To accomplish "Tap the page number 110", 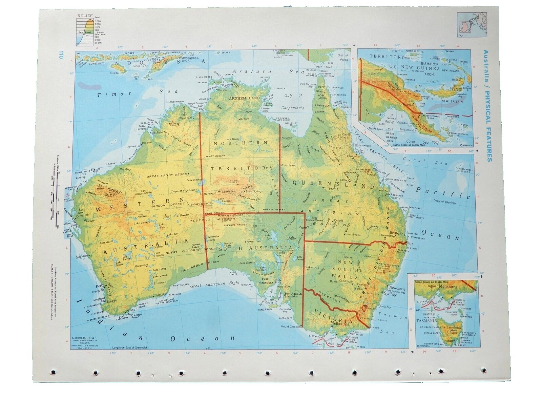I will pyautogui.click(x=61, y=55).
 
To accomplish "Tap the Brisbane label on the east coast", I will pyautogui.click(x=397, y=233).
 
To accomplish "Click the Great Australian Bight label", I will pyautogui.click(x=215, y=285).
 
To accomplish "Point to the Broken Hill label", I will pyautogui.click(x=312, y=267).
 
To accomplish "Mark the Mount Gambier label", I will pyautogui.click(x=291, y=327).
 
